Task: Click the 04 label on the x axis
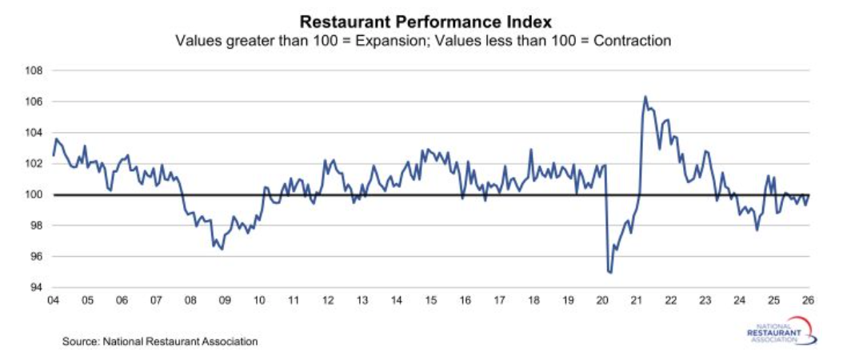click(x=54, y=301)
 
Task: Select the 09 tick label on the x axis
click(x=225, y=301)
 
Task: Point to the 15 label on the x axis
click(x=430, y=301)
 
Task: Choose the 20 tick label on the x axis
click(x=602, y=301)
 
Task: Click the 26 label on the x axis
click(x=808, y=301)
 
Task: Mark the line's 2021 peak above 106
click(x=645, y=97)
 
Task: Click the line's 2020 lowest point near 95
click(x=610, y=273)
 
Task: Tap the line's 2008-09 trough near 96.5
click(x=222, y=250)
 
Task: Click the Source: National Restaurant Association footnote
click(x=160, y=342)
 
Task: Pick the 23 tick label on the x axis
click(x=705, y=301)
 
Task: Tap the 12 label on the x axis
click(x=328, y=301)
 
